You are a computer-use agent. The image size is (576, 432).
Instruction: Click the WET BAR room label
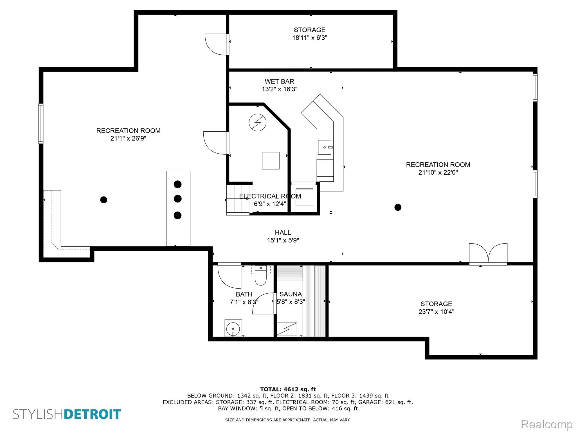[x=279, y=82]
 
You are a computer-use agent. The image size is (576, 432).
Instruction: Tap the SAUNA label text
[x=291, y=294]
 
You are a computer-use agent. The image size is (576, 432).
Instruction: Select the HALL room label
[x=283, y=233]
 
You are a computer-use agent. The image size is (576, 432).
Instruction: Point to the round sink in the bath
[x=233, y=328]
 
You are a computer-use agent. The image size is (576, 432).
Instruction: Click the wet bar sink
[x=325, y=147]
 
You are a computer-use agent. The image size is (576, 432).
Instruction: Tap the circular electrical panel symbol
[x=258, y=123]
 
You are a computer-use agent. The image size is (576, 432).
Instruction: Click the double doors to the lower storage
[x=488, y=254]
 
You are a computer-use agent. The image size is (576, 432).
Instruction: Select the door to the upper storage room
[x=217, y=44]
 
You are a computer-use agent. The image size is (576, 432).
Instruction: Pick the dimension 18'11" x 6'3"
[x=310, y=38]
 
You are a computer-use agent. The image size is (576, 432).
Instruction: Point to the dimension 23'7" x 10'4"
[x=436, y=312]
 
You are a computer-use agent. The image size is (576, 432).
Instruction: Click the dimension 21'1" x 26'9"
[x=128, y=138]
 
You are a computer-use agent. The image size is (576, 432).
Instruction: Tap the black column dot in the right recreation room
[x=398, y=207]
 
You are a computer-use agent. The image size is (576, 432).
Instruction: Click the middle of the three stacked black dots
[x=178, y=199]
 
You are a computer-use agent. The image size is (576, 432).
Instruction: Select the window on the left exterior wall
[x=41, y=123]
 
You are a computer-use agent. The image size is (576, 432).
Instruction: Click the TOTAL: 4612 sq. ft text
[x=288, y=390]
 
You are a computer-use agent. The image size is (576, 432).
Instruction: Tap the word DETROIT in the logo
[x=93, y=415]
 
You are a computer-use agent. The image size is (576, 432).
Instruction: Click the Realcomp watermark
[x=546, y=424]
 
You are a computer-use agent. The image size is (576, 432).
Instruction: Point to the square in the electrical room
[x=271, y=161]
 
